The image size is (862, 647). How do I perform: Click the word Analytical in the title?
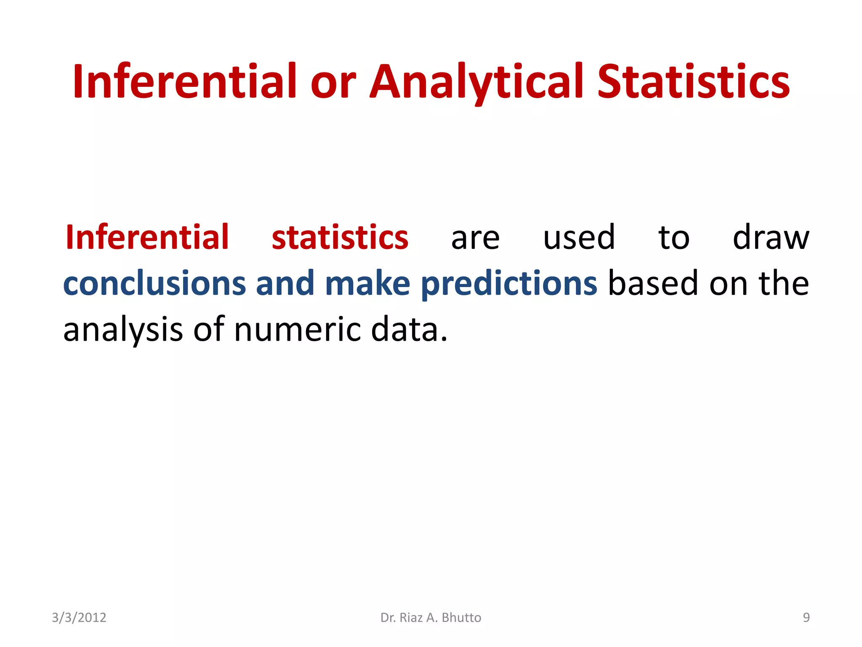click(476, 82)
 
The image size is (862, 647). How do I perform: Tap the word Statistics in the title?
click(693, 82)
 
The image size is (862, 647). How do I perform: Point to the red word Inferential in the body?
click(147, 237)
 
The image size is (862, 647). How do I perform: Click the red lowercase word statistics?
click(340, 238)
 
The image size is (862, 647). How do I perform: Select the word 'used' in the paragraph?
click(579, 237)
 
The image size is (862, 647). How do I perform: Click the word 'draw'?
click(771, 237)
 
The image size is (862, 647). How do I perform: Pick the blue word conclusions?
click(154, 283)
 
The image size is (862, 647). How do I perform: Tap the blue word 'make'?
click(367, 283)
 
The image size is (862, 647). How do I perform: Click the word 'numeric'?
click(297, 329)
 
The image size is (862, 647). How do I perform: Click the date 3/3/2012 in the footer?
click(79, 618)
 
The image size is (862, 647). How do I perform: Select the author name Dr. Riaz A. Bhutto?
click(431, 618)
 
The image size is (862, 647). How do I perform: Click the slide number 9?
click(806, 618)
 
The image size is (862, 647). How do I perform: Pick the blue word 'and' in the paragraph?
click(285, 283)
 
